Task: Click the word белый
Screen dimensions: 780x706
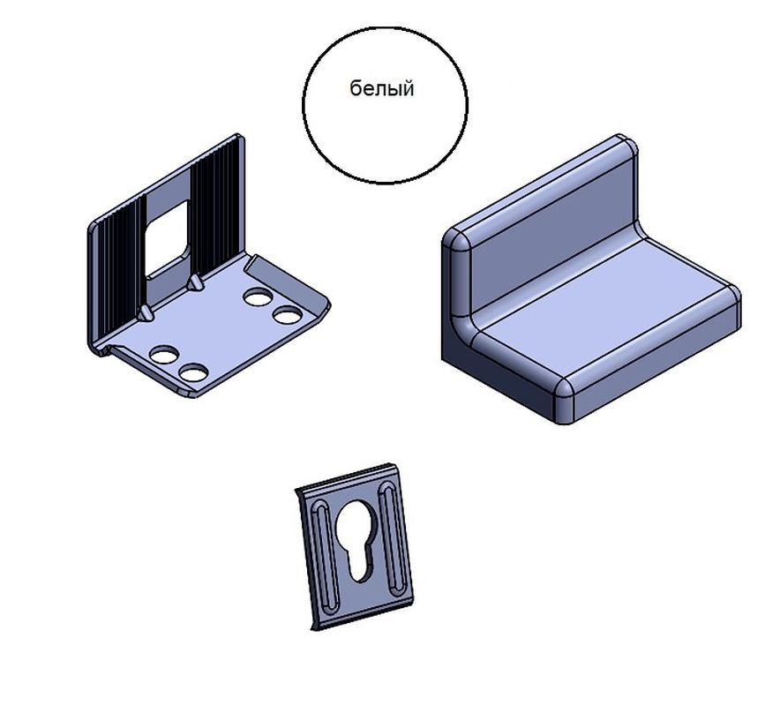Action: [381, 89]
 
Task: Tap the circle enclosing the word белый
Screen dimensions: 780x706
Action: [303, 104]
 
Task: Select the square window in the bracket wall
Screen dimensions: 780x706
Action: [168, 237]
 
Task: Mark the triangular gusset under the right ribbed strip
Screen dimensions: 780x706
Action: [194, 283]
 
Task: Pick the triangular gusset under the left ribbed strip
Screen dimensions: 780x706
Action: [146, 313]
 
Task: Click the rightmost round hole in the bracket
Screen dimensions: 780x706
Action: [288, 315]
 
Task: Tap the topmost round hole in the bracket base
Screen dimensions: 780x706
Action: [258, 297]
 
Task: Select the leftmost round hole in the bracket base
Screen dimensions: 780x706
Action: [164, 354]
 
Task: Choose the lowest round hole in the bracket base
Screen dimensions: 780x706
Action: [193, 372]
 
